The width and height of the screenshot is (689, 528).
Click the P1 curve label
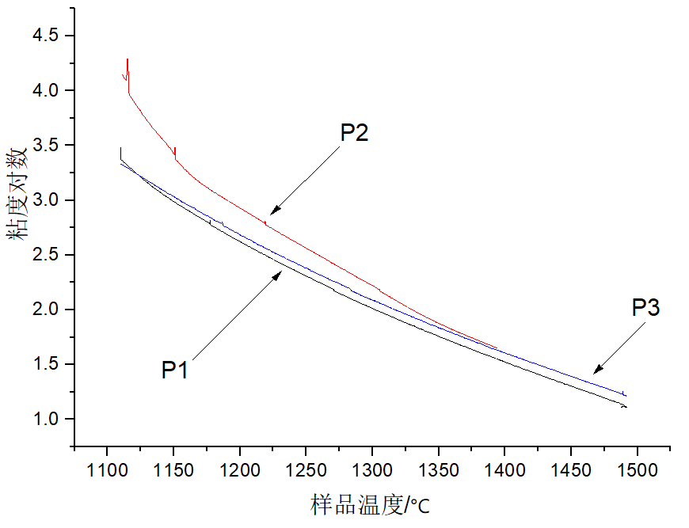coord(175,370)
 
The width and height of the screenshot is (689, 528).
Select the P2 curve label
coord(355,133)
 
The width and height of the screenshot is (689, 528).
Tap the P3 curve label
coord(645,308)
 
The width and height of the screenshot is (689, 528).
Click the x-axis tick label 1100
coord(107,471)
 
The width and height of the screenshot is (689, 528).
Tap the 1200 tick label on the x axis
coord(240,471)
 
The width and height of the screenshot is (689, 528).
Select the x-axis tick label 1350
coord(439,471)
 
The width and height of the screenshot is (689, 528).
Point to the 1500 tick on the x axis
coord(638,471)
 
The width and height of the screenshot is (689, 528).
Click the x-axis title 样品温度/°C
coord(371,504)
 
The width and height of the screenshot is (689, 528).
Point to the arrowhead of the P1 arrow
coord(280,272)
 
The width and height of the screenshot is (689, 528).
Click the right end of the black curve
coord(626,407)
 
